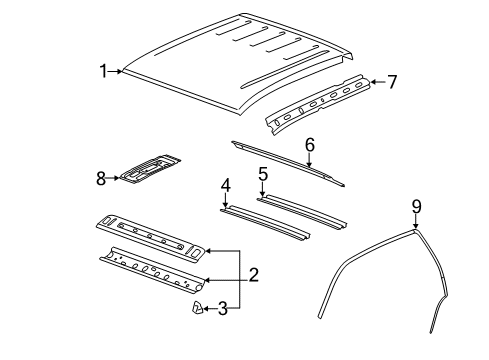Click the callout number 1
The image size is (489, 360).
[x=102, y=70]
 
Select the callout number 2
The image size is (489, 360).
[x=253, y=274]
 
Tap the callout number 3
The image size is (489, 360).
[x=222, y=310]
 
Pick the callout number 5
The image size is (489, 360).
[x=263, y=174]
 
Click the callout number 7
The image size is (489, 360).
[x=392, y=82]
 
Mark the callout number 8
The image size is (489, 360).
[x=100, y=180]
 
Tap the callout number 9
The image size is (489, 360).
[x=417, y=207]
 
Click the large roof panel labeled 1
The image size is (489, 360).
[x=240, y=65]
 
